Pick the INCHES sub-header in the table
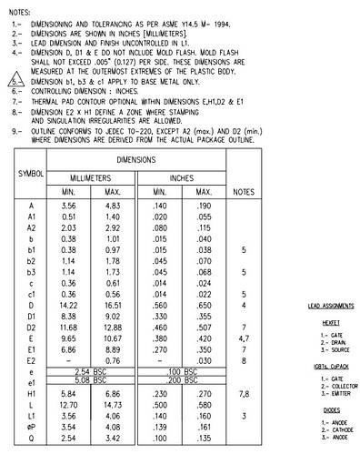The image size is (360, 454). pos(182,179)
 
